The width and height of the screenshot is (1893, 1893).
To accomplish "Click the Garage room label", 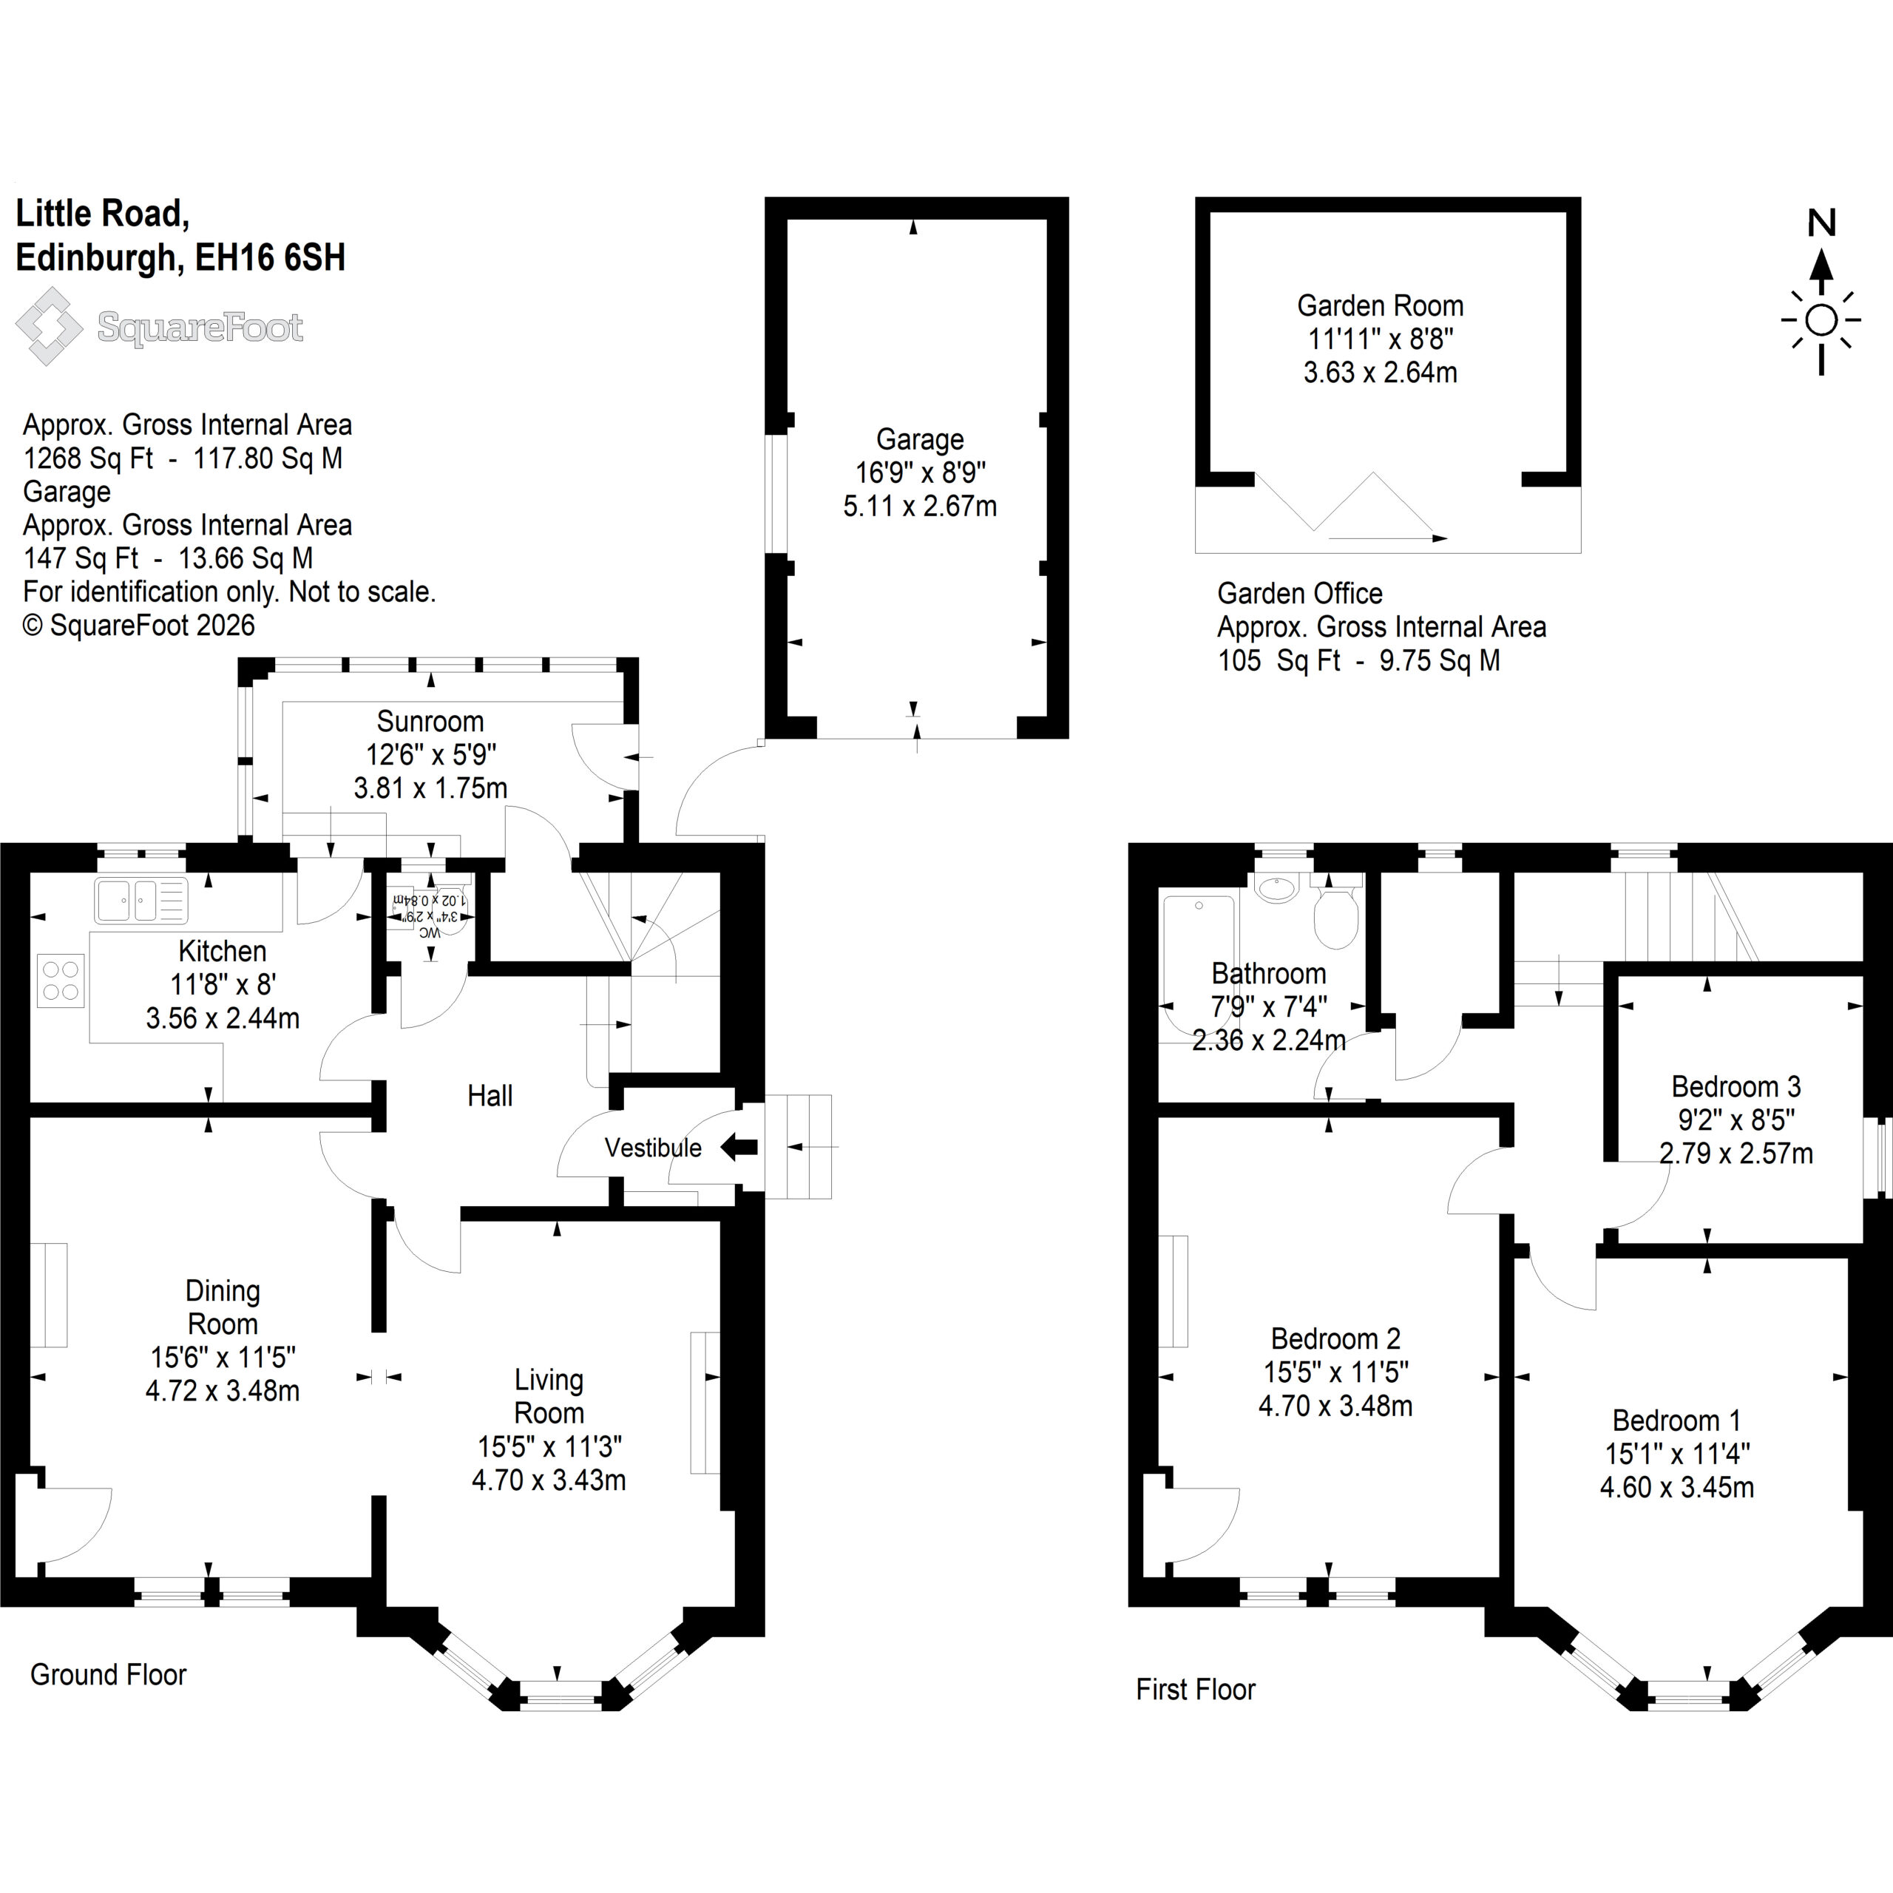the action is point(919,440).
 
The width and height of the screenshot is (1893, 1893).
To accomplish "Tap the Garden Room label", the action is point(1380,305).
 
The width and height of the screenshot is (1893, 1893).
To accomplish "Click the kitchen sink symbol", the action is point(141,901).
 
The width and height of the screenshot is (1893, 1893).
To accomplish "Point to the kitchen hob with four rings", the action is point(61,981).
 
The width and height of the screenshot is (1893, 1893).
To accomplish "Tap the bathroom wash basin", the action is point(1277,889).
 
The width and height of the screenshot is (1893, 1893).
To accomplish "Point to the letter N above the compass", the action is point(1821,223).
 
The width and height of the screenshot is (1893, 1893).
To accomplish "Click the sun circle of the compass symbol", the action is point(1821,320).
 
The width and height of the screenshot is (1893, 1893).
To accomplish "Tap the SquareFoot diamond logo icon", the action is point(49,326).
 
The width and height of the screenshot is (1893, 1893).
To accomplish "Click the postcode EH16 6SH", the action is point(271,257).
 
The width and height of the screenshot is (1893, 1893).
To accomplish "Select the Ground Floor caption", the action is point(108,1675).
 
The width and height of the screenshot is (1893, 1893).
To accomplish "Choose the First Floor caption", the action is point(1196,1689).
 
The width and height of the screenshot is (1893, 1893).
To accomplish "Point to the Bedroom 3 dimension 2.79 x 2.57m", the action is point(1735,1154).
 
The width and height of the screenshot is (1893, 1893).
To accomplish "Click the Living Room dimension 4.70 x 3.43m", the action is point(549,1480).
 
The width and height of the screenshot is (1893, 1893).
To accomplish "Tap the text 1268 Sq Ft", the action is point(88,458).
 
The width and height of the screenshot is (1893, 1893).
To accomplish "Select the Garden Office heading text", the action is point(1299,594).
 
